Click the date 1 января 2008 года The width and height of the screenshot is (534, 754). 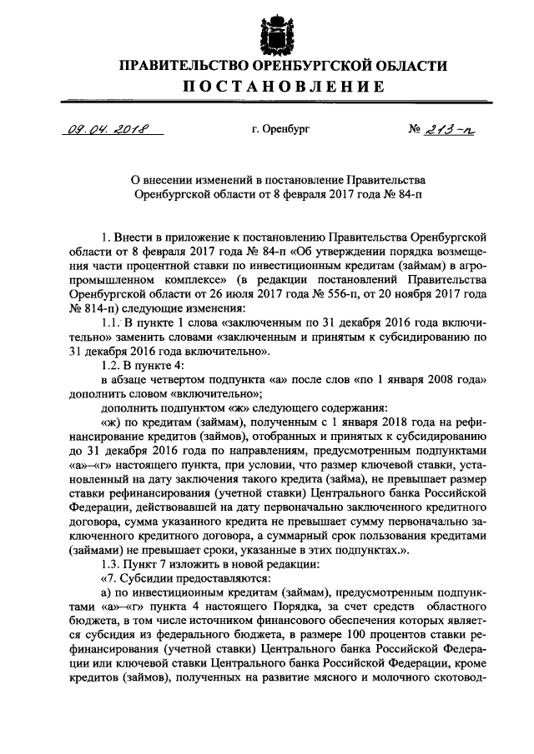[434, 378]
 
